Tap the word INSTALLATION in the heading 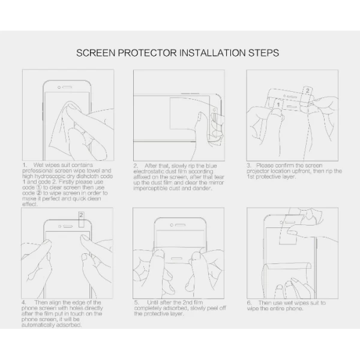point(212,53)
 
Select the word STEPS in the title point(263,53)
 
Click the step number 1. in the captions point(25,165)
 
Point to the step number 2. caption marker point(136,166)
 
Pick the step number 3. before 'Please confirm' point(249,166)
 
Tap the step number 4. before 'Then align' point(24,302)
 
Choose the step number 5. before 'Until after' point(137,302)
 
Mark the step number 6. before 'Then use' point(250,303)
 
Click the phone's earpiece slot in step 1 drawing point(67,87)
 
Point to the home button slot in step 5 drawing point(176,258)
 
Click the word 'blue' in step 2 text point(211,166)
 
